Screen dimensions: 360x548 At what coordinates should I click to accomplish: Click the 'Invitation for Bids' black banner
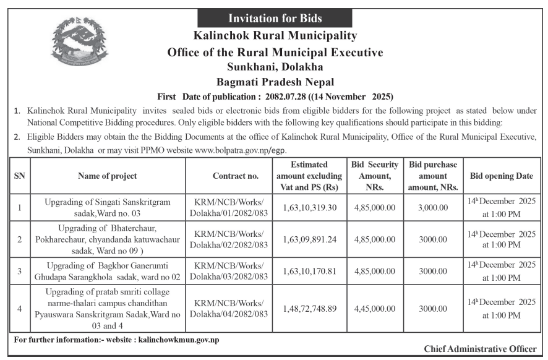[275, 18]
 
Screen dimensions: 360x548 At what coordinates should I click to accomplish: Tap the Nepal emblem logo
[79, 41]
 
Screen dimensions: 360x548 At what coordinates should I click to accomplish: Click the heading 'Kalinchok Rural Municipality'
[275, 36]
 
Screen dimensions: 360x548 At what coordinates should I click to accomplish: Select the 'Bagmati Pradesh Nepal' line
[275, 81]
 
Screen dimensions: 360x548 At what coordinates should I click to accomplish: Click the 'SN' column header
[19, 176]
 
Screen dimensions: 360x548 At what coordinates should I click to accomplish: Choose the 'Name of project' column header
[108, 176]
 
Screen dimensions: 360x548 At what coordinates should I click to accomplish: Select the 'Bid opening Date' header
[501, 176]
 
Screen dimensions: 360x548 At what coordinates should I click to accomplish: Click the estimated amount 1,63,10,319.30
[309, 207]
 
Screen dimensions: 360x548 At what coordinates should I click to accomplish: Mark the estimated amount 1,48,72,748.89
[309, 308]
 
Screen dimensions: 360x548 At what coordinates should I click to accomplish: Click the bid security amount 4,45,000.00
[375, 308]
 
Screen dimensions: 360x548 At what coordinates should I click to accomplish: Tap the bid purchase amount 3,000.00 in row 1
[432, 207]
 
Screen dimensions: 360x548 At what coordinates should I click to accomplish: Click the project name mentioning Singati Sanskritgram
[108, 207]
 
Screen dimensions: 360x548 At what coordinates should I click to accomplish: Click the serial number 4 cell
[19, 308]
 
